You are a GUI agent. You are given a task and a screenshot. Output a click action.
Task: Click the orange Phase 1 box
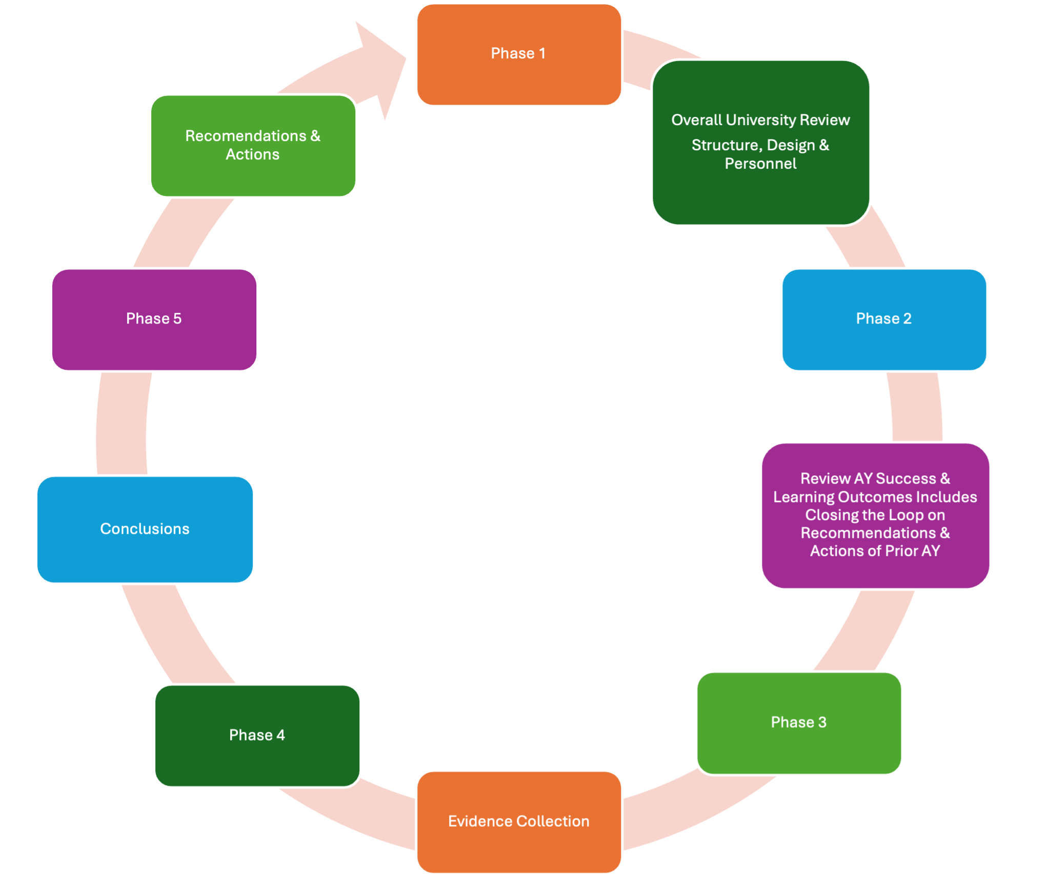pyautogui.click(x=519, y=54)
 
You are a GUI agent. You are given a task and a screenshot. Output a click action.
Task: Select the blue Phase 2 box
pyautogui.click(x=884, y=319)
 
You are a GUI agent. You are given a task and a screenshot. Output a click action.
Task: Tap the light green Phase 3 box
pyautogui.click(x=799, y=723)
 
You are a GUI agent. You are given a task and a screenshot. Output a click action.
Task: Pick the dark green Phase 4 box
pyautogui.click(x=257, y=735)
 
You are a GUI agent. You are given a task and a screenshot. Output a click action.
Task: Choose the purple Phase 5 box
pyautogui.click(x=154, y=319)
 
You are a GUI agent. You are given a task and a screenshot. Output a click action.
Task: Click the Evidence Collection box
pyautogui.click(x=519, y=822)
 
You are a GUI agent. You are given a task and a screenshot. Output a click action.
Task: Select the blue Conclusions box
pyautogui.click(x=145, y=529)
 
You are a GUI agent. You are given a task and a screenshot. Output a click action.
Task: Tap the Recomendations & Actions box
pyautogui.click(x=253, y=146)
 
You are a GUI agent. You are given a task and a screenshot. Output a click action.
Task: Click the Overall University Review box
pyautogui.click(x=761, y=143)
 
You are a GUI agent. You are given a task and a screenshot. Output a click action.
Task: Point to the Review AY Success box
pyautogui.click(x=875, y=515)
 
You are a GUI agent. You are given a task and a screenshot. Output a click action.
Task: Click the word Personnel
pyautogui.click(x=760, y=164)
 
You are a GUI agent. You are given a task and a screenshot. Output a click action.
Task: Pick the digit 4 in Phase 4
pyautogui.click(x=280, y=735)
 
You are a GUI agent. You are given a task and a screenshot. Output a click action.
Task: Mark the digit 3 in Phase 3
pyautogui.click(x=822, y=723)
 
